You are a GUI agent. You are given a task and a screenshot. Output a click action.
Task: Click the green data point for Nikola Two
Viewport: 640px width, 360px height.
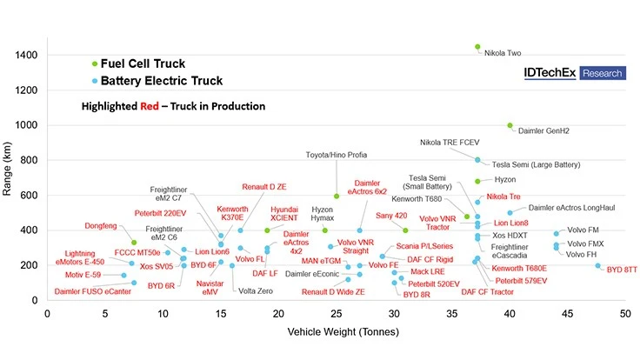pos(477,47)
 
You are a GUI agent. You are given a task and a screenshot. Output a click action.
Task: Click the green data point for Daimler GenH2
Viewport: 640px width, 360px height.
pos(510,125)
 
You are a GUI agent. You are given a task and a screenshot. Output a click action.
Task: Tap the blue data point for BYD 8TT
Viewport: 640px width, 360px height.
pos(598,265)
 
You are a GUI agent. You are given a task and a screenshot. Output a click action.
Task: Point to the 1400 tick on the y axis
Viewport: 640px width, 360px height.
pos(25,56)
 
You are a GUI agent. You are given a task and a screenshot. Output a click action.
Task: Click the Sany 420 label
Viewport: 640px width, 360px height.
pos(392,215)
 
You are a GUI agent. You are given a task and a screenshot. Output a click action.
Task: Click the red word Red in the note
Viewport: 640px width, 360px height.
pos(152,106)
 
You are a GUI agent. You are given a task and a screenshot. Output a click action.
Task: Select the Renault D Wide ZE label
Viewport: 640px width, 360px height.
pos(333,292)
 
